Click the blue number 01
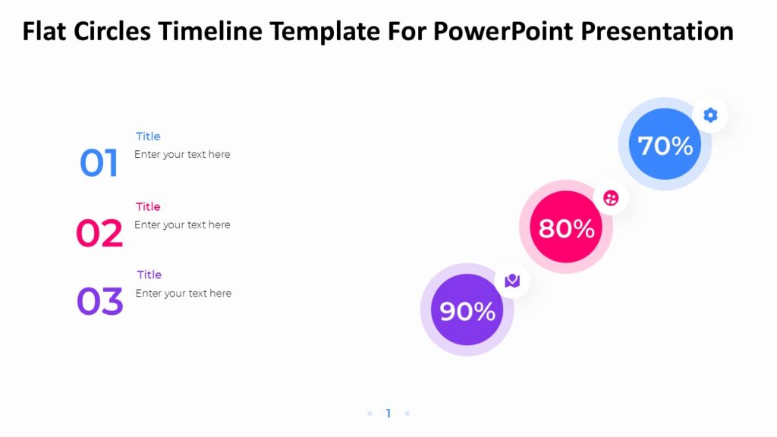click(x=99, y=164)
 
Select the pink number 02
click(x=99, y=234)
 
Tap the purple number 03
click(x=99, y=302)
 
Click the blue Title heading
click(x=148, y=137)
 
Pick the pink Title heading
click(x=148, y=206)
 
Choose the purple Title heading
click(x=149, y=275)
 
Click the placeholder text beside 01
click(x=182, y=155)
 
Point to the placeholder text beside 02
click(x=182, y=225)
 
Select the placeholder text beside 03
click(x=184, y=294)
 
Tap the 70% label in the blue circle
click(x=665, y=145)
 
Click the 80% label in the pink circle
click(x=566, y=228)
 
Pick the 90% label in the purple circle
click(x=467, y=311)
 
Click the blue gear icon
click(x=710, y=115)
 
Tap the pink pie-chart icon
click(x=611, y=198)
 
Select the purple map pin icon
click(x=512, y=281)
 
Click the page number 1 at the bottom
click(x=388, y=413)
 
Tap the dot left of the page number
click(x=370, y=413)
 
